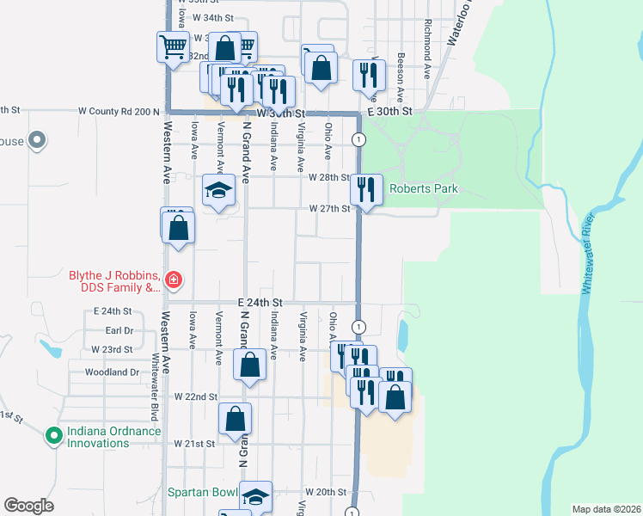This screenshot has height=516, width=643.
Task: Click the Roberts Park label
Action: [x=424, y=189]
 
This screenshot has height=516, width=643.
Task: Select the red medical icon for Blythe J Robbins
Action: [x=173, y=279]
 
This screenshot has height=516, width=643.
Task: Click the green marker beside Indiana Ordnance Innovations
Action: [x=54, y=436]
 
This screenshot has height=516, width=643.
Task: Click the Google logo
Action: [x=28, y=506]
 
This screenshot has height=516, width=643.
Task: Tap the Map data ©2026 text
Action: [x=607, y=508]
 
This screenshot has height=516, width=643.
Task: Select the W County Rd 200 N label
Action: [x=119, y=112]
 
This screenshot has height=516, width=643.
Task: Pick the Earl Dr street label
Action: [x=119, y=330]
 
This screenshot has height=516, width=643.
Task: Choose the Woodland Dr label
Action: [x=112, y=372]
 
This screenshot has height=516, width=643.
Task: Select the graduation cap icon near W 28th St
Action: [x=218, y=189]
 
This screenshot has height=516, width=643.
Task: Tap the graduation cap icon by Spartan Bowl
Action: [x=255, y=497]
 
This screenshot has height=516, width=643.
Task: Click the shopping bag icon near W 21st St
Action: [x=236, y=420]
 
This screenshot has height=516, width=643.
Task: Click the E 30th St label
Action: [x=391, y=112]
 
